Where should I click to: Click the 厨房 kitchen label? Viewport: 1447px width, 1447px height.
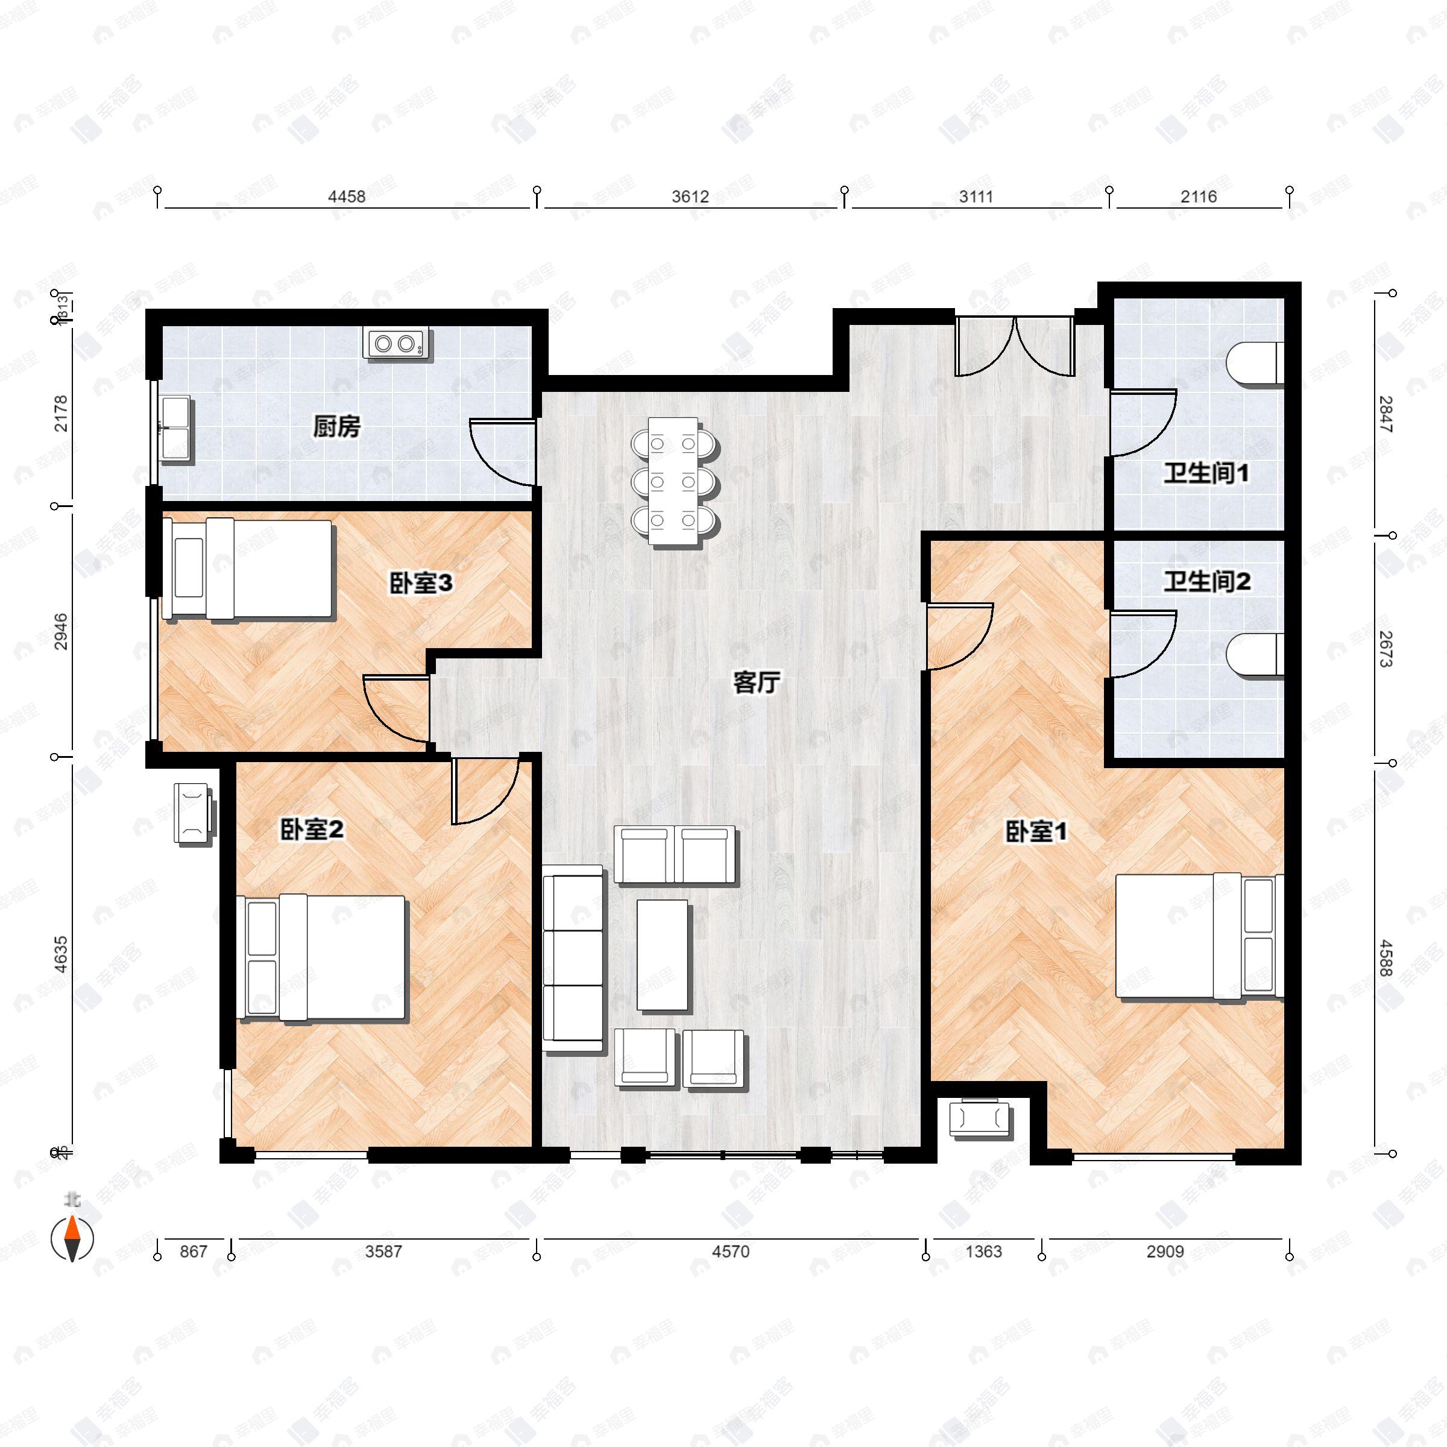[x=336, y=427]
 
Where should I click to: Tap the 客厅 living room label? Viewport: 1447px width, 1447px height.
[x=757, y=683]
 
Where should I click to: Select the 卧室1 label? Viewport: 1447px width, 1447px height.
[x=1036, y=831]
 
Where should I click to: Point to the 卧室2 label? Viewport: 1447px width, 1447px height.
[x=312, y=829]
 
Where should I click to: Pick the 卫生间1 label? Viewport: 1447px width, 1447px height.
[x=1206, y=473]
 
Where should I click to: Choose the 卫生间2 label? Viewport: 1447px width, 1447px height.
[x=1206, y=581]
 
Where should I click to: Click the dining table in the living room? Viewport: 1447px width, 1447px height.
[x=673, y=481]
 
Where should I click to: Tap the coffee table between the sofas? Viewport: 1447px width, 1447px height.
[x=662, y=955]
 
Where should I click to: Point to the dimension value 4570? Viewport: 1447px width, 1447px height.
[x=730, y=1252]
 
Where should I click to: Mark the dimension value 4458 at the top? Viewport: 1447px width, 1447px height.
[x=347, y=196]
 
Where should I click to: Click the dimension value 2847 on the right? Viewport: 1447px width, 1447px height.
[x=1386, y=414]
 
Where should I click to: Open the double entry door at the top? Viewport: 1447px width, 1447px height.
[x=1014, y=346]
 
